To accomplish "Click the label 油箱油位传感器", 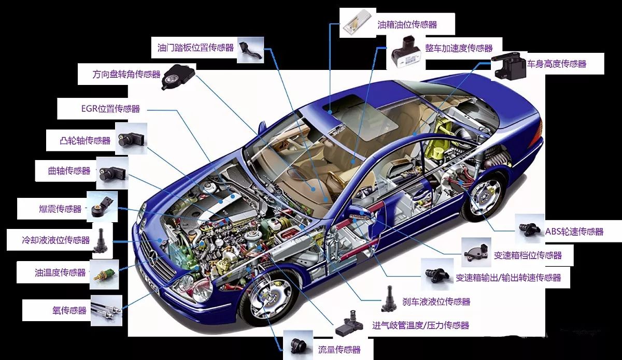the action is tap(407, 24).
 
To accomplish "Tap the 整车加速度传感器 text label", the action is tap(458, 48).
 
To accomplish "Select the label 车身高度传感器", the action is tap(557, 64).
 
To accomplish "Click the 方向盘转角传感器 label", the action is tap(126, 75).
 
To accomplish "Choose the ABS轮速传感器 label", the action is tap(574, 232).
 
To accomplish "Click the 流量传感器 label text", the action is tap(339, 350).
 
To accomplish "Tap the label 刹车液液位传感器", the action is tap(436, 301).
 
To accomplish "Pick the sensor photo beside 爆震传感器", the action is tap(101, 207).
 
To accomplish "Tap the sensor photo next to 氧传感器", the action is tap(106, 310).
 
